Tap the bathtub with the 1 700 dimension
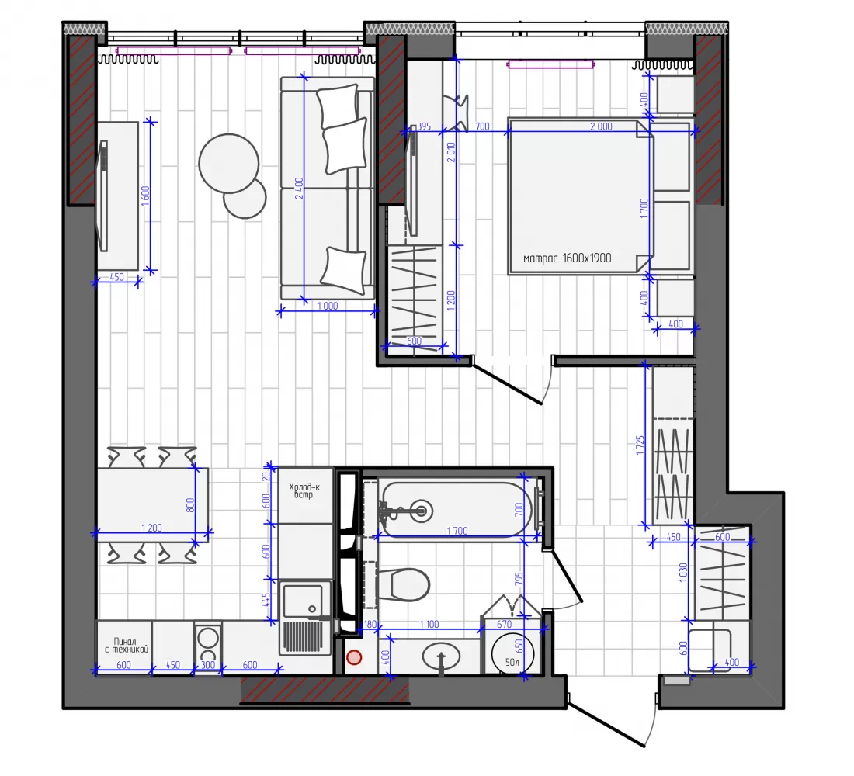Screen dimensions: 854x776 [x=457, y=510]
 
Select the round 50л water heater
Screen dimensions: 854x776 [x=512, y=653]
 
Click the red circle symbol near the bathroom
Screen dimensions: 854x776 [x=354, y=658]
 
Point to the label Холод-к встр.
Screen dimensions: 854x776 [x=304, y=491]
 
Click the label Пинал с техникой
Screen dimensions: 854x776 [x=125, y=646]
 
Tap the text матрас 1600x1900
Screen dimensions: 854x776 [x=567, y=258]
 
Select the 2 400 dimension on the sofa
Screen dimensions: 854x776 [x=299, y=189]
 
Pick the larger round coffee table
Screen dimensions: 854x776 [x=229, y=164]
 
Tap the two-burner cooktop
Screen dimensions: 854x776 [x=207, y=645]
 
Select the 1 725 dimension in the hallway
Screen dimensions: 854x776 [x=640, y=445]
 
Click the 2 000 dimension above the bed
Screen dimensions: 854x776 [x=601, y=126]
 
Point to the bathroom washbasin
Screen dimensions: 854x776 [x=441, y=656]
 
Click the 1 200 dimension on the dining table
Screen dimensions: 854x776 [x=151, y=528]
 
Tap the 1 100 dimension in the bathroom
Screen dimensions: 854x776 [x=429, y=625]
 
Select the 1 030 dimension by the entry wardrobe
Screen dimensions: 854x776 [x=683, y=573]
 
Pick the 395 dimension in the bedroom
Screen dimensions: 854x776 [x=424, y=126]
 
